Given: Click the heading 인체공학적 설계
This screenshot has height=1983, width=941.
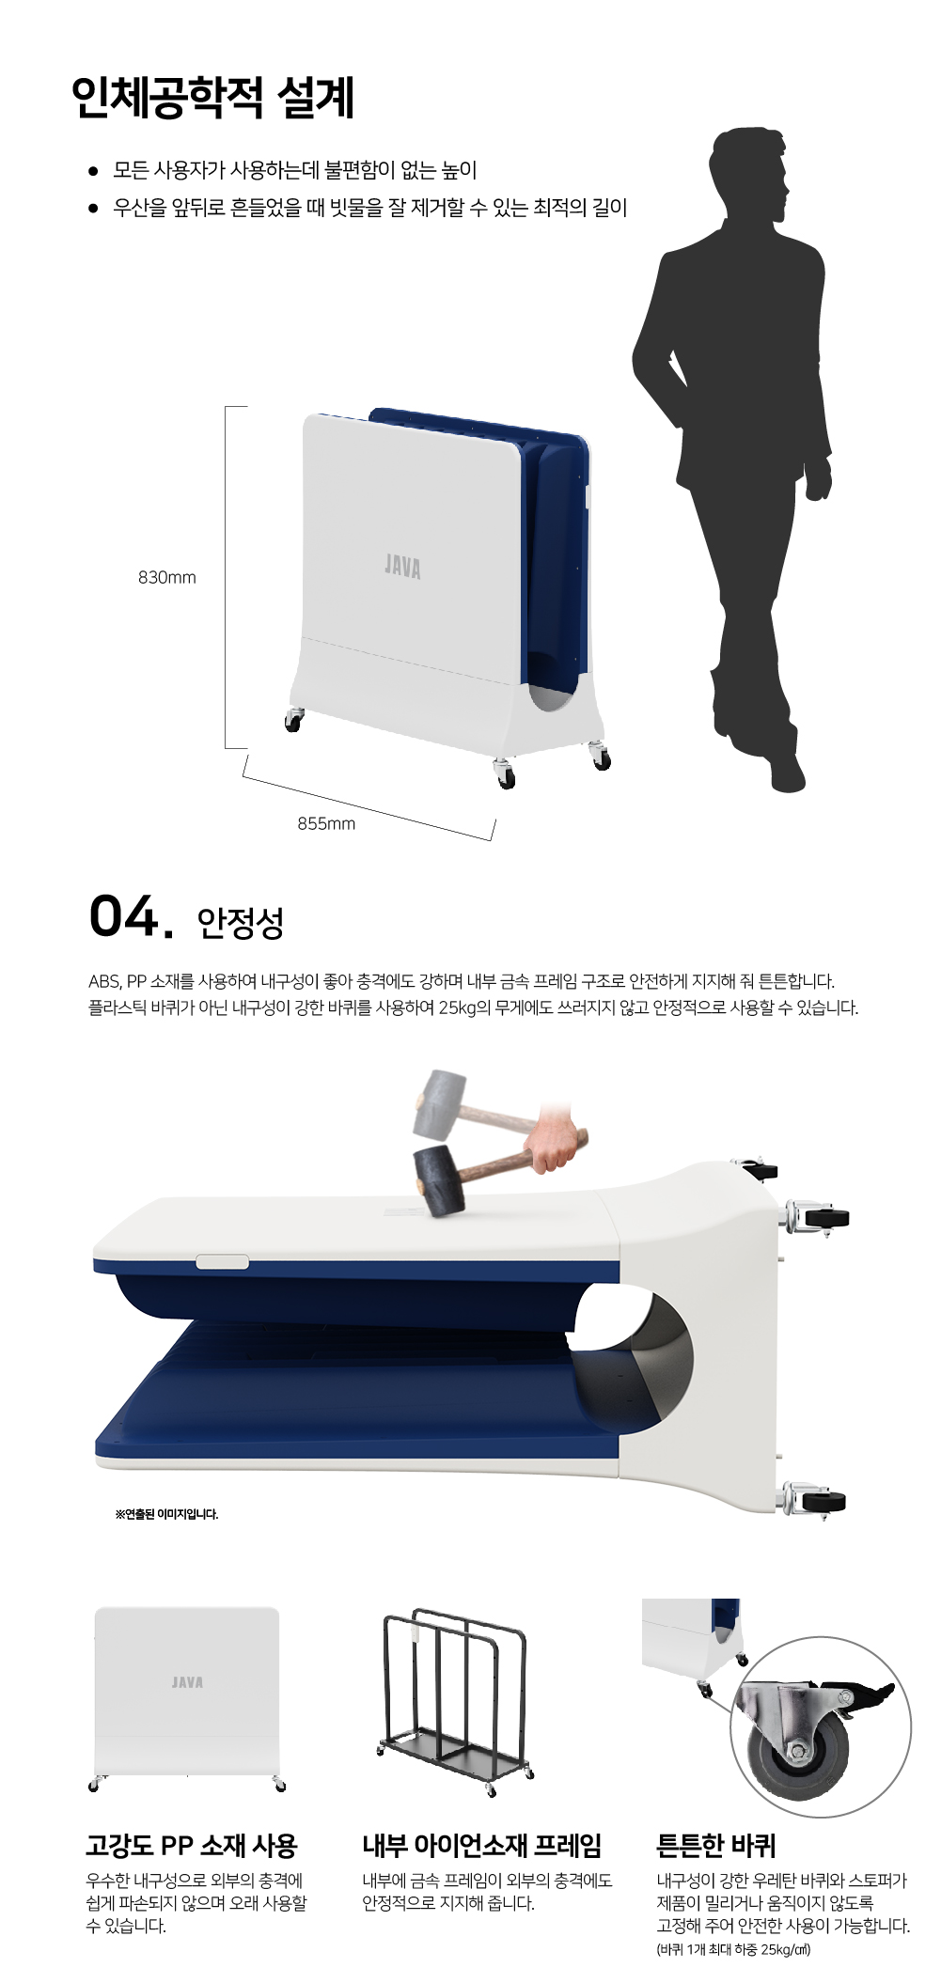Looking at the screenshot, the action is [212, 98].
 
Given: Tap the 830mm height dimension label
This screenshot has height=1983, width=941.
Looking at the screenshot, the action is [167, 578].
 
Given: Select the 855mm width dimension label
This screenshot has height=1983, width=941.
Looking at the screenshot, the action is [326, 823].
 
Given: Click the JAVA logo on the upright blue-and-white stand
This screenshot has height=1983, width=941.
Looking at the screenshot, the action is [402, 566].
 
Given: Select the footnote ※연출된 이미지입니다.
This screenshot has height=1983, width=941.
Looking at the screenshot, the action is [166, 1514].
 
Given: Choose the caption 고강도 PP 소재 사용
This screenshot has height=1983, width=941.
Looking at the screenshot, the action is [192, 1845].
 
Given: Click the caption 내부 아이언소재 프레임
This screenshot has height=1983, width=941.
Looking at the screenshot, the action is [482, 1845].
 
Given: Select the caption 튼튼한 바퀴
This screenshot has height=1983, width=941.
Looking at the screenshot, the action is [716, 1845].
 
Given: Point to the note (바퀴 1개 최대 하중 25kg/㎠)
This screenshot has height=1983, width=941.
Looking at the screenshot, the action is [733, 1949].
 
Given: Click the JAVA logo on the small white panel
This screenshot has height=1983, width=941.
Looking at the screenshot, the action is [187, 1682].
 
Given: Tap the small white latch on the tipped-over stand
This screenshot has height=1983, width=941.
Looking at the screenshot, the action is [223, 1261].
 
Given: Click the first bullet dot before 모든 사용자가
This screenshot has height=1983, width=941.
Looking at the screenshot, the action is [93, 171].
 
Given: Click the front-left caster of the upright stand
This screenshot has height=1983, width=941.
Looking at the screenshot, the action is [293, 721].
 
